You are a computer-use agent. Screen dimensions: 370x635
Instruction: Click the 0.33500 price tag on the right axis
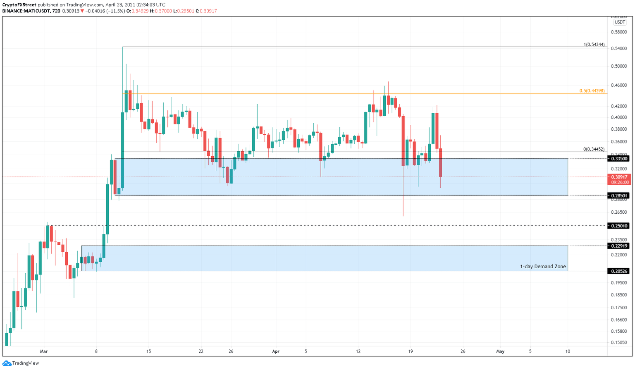pos(619,159)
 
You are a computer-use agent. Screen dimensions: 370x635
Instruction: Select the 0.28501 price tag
pos(619,196)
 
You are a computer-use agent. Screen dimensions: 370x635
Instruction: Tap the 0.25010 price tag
pos(619,226)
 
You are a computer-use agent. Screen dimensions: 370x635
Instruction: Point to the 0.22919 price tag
pos(619,246)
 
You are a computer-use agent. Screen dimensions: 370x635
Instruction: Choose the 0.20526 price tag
pos(619,271)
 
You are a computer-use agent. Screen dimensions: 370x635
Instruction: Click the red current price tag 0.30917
pos(619,177)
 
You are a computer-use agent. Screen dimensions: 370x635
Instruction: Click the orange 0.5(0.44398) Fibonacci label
pos(592,91)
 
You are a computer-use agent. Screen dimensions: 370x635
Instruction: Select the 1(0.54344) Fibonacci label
pos(594,45)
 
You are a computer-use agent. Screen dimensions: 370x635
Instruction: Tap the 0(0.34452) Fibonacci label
pos(594,149)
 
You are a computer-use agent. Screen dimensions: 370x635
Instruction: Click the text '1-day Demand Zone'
pos(543,267)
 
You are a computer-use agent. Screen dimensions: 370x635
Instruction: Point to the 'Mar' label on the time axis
pos(44,351)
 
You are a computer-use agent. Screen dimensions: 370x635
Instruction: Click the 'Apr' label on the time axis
pos(276,351)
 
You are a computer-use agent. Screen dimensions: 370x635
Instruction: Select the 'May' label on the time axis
pos(500,351)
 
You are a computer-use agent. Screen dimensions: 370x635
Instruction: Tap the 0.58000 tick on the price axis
pos(619,32)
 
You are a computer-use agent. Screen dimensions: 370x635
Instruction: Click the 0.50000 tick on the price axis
pos(619,66)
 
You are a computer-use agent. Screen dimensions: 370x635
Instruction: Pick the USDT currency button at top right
pos(619,22)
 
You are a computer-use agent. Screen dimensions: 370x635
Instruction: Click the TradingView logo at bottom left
pos(21,363)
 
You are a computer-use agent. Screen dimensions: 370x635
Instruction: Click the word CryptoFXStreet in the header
pos(19,5)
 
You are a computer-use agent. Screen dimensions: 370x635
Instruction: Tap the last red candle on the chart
pos(441,162)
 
